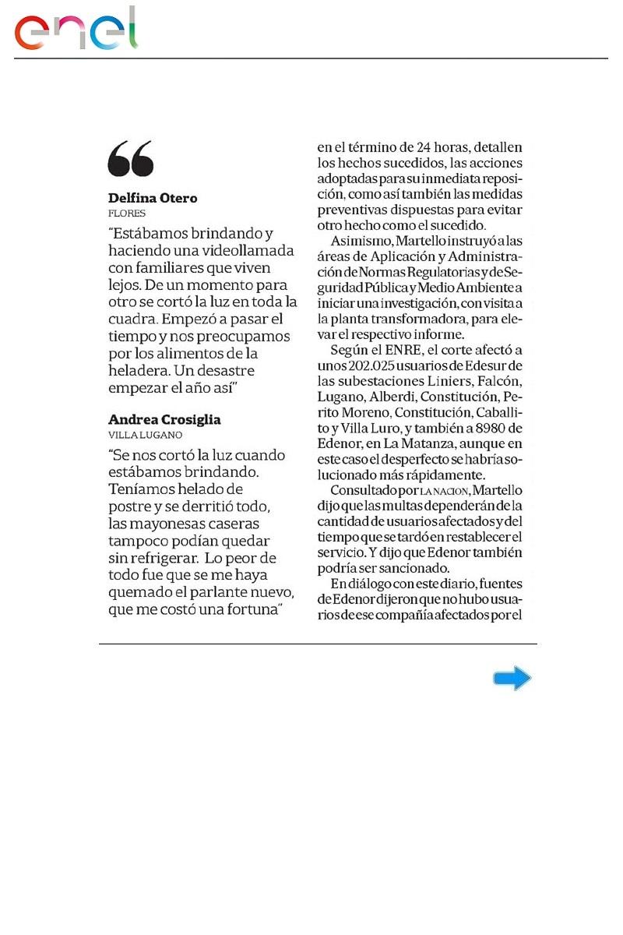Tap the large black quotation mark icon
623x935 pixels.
tap(131, 159)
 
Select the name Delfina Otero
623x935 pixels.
tap(153, 198)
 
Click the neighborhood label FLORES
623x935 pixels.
tap(126, 213)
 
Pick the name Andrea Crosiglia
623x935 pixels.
tap(164, 419)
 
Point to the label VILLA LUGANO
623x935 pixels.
tap(145, 435)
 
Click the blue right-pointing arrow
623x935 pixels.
tap(512, 679)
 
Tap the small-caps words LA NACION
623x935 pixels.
tap(445, 491)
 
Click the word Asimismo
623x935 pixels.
tap(360, 242)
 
